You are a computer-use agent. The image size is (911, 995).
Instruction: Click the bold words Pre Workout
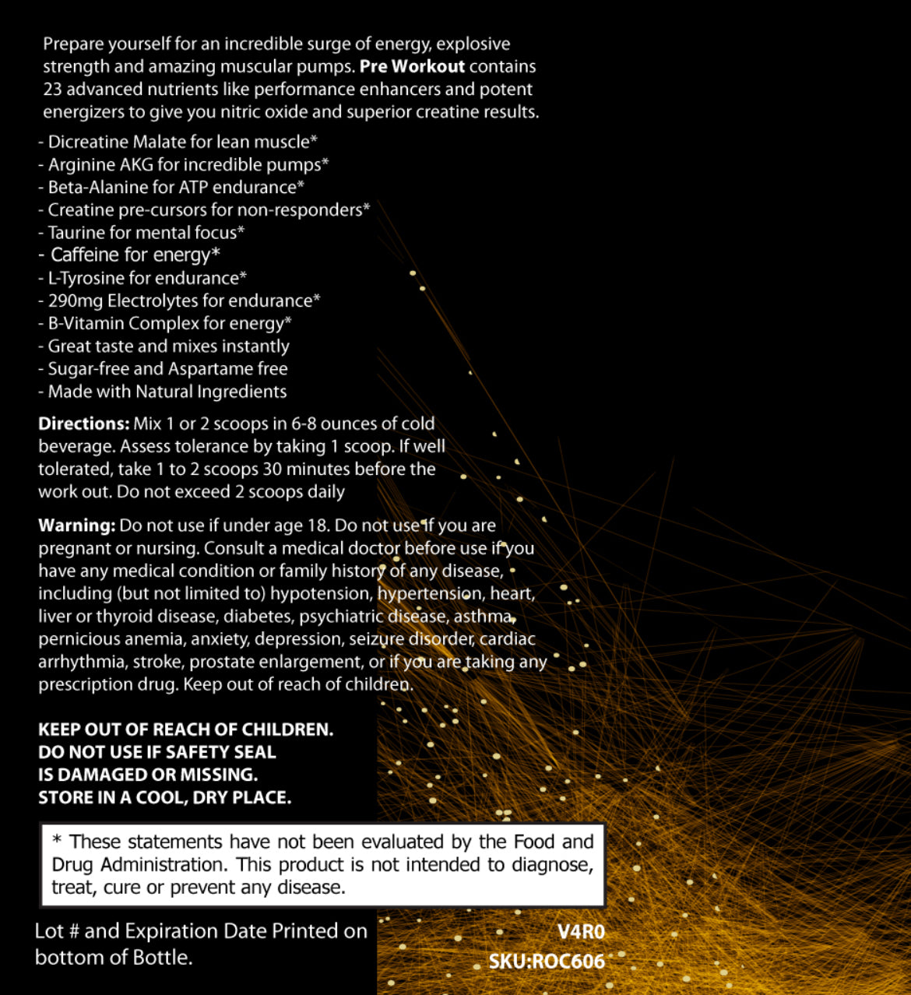(x=412, y=67)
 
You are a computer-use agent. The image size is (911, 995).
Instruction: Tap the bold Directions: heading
(x=83, y=424)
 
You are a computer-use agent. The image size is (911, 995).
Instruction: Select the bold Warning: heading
(x=76, y=526)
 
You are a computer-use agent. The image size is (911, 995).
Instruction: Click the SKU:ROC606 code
(x=547, y=962)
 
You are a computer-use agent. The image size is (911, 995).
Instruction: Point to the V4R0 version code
(x=581, y=932)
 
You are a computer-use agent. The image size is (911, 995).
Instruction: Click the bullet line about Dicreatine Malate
(x=178, y=142)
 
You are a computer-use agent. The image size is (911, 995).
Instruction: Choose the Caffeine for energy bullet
(x=130, y=255)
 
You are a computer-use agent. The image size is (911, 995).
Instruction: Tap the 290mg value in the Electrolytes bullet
(x=75, y=301)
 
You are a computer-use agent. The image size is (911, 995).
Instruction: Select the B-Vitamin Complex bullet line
(x=166, y=323)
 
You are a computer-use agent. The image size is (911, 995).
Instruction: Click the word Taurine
(x=75, y=232)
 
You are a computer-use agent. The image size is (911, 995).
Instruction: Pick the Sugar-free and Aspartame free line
(x=164, y=368)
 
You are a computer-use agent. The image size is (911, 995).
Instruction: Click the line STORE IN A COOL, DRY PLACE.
(x=164, y=797)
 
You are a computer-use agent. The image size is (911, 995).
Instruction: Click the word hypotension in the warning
(x=320, y=593)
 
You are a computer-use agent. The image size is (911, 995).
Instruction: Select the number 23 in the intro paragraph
(x=52, y=90)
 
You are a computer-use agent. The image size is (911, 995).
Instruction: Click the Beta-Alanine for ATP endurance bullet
(x=172, y=187)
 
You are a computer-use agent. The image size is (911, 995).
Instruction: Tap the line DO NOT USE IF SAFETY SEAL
(x=157, y=752)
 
